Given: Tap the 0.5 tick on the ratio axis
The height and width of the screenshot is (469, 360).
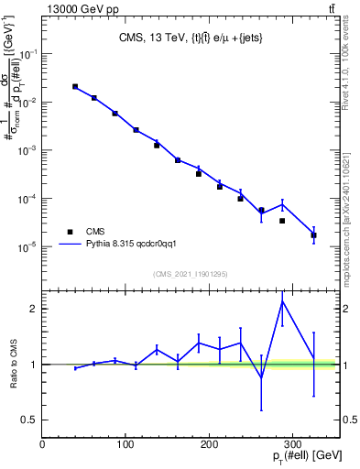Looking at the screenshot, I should (30, 420).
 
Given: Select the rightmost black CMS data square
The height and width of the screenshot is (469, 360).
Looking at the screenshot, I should (314, 235).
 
